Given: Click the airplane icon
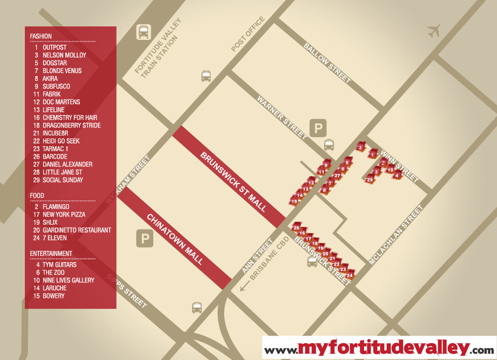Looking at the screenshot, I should click(x=434, y=31).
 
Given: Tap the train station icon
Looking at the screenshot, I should click(x=143, y=32).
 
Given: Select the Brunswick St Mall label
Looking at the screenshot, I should click(x=233, y=182).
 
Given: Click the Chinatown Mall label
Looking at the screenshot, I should click(x=175, y=239).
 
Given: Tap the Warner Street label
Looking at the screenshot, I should click(x=282, y=117).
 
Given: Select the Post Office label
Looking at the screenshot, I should click(x=248, y=34).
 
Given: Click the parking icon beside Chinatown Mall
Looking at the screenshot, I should click(x=144, y=239).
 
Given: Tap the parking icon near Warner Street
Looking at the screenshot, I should click(x=317, y=127).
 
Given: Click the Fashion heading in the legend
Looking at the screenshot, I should click(x=41, y=36).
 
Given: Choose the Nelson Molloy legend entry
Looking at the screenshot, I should click(x=64, y=55).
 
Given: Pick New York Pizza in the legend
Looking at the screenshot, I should click(x=64, y=214).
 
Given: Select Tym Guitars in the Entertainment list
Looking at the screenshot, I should click(x=60, y=265).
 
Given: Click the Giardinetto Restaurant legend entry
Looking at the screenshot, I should click(x=77, y=230).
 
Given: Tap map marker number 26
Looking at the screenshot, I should click(x=297, y=228).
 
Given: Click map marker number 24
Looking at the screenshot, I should click(x=350, y=275).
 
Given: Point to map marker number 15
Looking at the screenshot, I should click(x=294, y=201).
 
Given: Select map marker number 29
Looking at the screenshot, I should click(x=370, y=180).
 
